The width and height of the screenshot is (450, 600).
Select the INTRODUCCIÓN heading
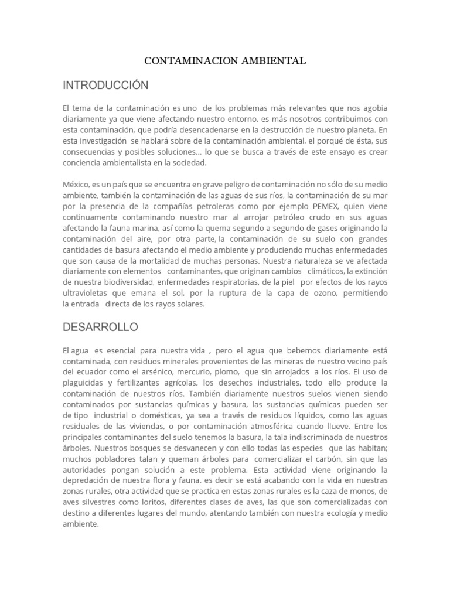click(105, 86)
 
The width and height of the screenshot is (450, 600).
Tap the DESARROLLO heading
click(100, 327)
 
